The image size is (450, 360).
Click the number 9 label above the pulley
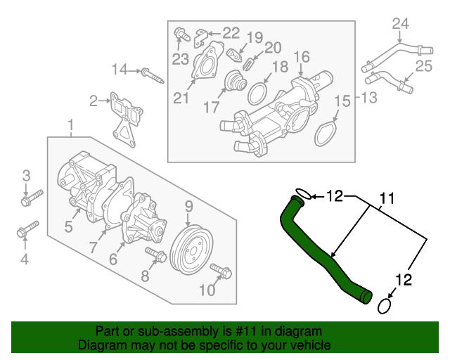pyautogui.click(x=189, y=207)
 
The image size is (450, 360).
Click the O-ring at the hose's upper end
pyautogui.click(x=301, y=193)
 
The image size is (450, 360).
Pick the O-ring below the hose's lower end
pyautogui.click(x=385, y=307)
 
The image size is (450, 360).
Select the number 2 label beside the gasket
pyautogui.click(x=94, y=101)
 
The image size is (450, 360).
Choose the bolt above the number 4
pyautogui.click(x=29, y=229)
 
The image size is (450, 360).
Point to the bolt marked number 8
pyautogui.click(x=155, y=254)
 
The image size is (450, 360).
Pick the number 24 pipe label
pyautogui.click(x=399, y=25)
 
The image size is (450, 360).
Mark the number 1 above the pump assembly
pyautogui.click(x=71, y=126)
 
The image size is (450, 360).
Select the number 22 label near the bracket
pyautogui.click(x=231, y=32)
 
